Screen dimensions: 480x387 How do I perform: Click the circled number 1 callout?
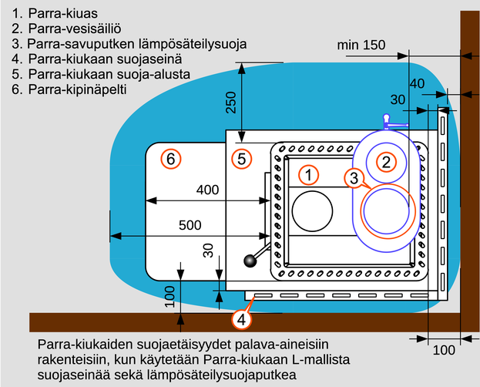pyautogui.click(x=308, y=175)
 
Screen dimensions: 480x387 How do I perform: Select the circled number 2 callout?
pyautogui.click(x=386, y=162)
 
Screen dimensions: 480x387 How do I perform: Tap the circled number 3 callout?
pyautogui.click(x=354, y=178)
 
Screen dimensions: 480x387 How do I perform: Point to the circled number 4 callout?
pyautogui.click(x=241, y=320)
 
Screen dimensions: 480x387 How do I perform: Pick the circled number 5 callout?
pyautogui.click(x=241, y=159)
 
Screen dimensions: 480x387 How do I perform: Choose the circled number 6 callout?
pyautogui.click(x=171, y=159)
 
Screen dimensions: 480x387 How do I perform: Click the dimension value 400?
pyautogui.click(x=207, y=190)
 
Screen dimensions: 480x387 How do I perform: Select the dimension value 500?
pyautogui.click(x=190, y=225)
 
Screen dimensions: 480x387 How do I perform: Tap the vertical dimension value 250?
pyautogui.click(x=231, y=103)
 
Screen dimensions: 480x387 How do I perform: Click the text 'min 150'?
pyautogui.click(x=361, y=45)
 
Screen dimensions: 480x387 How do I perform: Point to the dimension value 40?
pyautogui.click(x=417, y=84)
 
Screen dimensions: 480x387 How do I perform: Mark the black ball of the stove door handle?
pyautogui.click(x=250, y=261)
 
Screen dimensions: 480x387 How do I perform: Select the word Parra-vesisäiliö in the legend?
pyautogui.click(x=75, y=29)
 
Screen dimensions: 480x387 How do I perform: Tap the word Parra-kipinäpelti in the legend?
pyautogui.click(x=77, y=89)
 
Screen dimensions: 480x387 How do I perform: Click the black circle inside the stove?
pyautogui.click(x=312, y=211)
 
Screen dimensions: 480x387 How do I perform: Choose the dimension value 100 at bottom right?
pyautogui.click(x=444, y=350)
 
